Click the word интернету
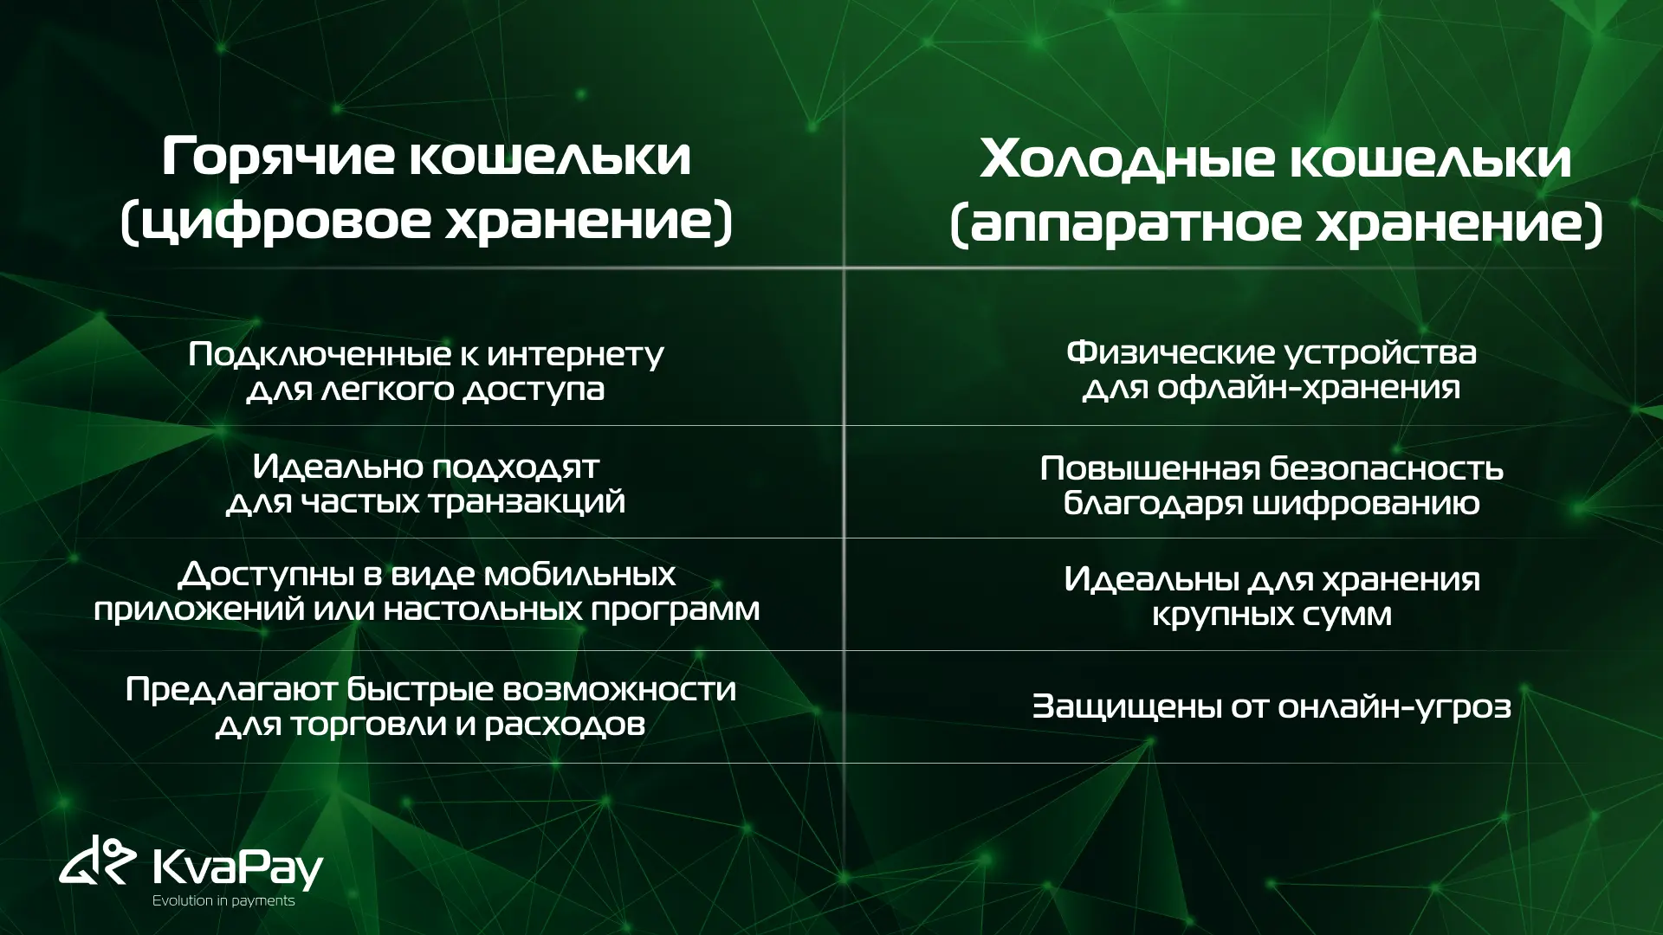pyautogui.click(x=576, y=354)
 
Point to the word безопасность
pyautogui.click(x=1387, y=468)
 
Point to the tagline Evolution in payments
pyautogui.click(x=223, y=901)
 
